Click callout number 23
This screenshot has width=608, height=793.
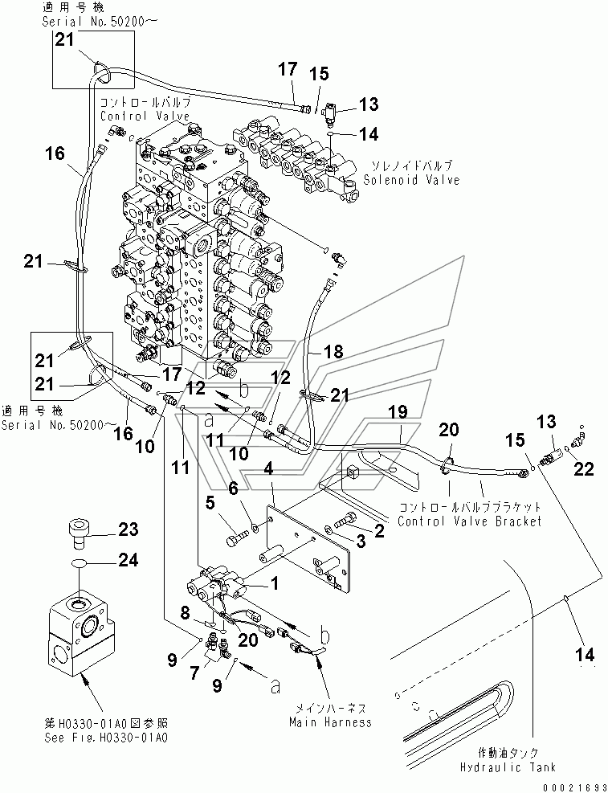(x=129, y=529)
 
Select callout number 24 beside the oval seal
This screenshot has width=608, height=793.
(x=129, y=560)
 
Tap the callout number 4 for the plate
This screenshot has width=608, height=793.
(x=268, y=468)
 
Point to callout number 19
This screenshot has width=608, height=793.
(x=398, y=411)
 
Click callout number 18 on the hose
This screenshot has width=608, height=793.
(x=333, y=351)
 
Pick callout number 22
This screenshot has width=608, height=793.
(x=584, y=469)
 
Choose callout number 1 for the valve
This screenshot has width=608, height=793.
(x=275, y=584)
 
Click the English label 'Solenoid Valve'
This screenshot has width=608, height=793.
(x=411, y=180)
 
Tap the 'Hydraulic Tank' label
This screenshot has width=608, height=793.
(x=508, y=767)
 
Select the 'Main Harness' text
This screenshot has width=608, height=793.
(x=330, y=721)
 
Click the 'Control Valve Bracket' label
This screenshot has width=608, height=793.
(x=470, y=521)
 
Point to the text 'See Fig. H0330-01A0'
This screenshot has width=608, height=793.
(x=106, y=738)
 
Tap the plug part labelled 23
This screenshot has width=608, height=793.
(x=78, y=533)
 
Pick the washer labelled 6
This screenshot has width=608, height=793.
(x=255, y=529)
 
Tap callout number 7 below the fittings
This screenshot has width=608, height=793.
(x=194, y=673)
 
